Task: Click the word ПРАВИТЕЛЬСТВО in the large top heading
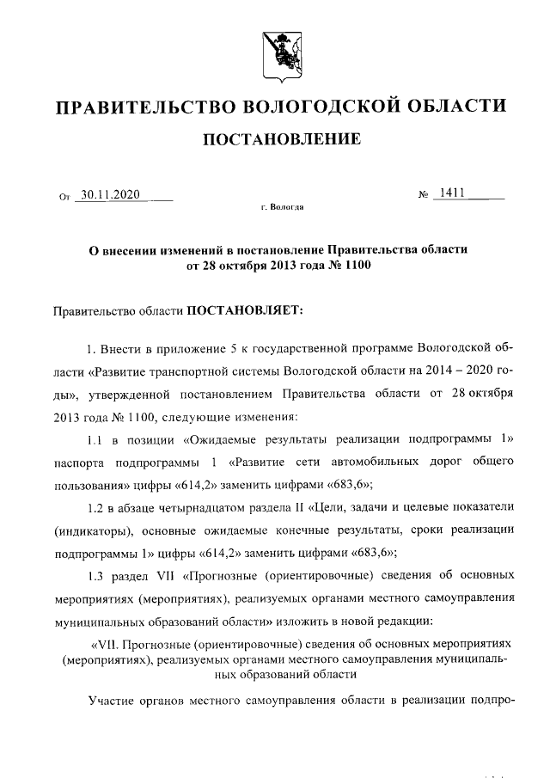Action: (x=144, y=107)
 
